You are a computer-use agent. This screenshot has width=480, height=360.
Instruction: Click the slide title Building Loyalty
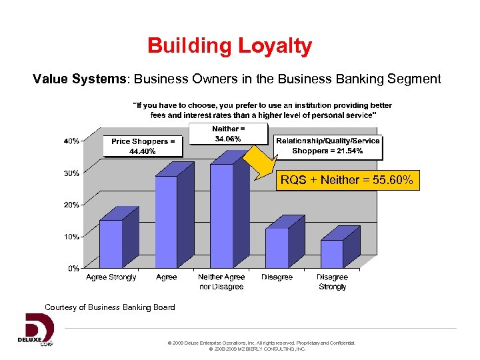click(230, 46)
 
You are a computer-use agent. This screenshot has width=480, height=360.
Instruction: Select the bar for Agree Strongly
click(111, 243)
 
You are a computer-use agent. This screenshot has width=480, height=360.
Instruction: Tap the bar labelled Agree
click(166, 221)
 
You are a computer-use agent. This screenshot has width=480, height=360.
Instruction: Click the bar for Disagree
click(277, 247)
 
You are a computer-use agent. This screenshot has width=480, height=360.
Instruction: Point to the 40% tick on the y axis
click(71, 141)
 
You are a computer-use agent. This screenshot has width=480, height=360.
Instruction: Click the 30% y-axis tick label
click(71, 173)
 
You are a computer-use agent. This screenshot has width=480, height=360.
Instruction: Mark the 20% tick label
click(71, 205)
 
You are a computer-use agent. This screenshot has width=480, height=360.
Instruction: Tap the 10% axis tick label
click(71, 237)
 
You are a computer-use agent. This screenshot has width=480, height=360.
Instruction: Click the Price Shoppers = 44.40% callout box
click(143, 146)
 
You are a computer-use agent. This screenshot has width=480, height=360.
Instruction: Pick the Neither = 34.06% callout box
click(229, 133)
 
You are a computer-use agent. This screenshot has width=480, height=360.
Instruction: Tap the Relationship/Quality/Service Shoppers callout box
click(328, 145)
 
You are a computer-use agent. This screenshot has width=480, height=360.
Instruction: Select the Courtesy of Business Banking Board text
click(110, 307)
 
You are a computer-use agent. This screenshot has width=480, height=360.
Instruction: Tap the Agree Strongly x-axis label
click(111, 277)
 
